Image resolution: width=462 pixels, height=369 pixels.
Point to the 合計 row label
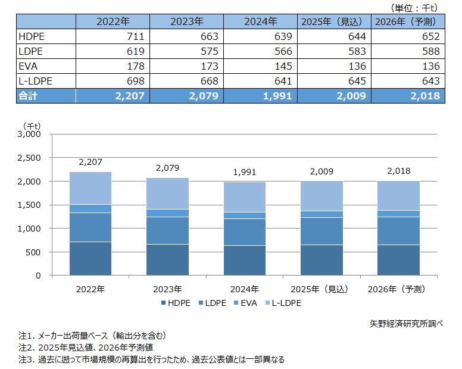(30, 95)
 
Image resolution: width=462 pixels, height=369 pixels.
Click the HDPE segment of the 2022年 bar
(90, 258)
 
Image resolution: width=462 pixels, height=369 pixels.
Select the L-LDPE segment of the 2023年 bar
(167, 193)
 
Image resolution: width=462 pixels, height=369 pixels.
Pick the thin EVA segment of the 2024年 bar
(244, 215)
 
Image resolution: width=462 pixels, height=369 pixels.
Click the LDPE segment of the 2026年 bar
(398, 231)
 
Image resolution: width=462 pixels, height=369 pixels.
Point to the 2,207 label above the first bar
(90, 162)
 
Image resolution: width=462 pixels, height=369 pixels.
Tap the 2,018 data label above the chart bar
(398, 171)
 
